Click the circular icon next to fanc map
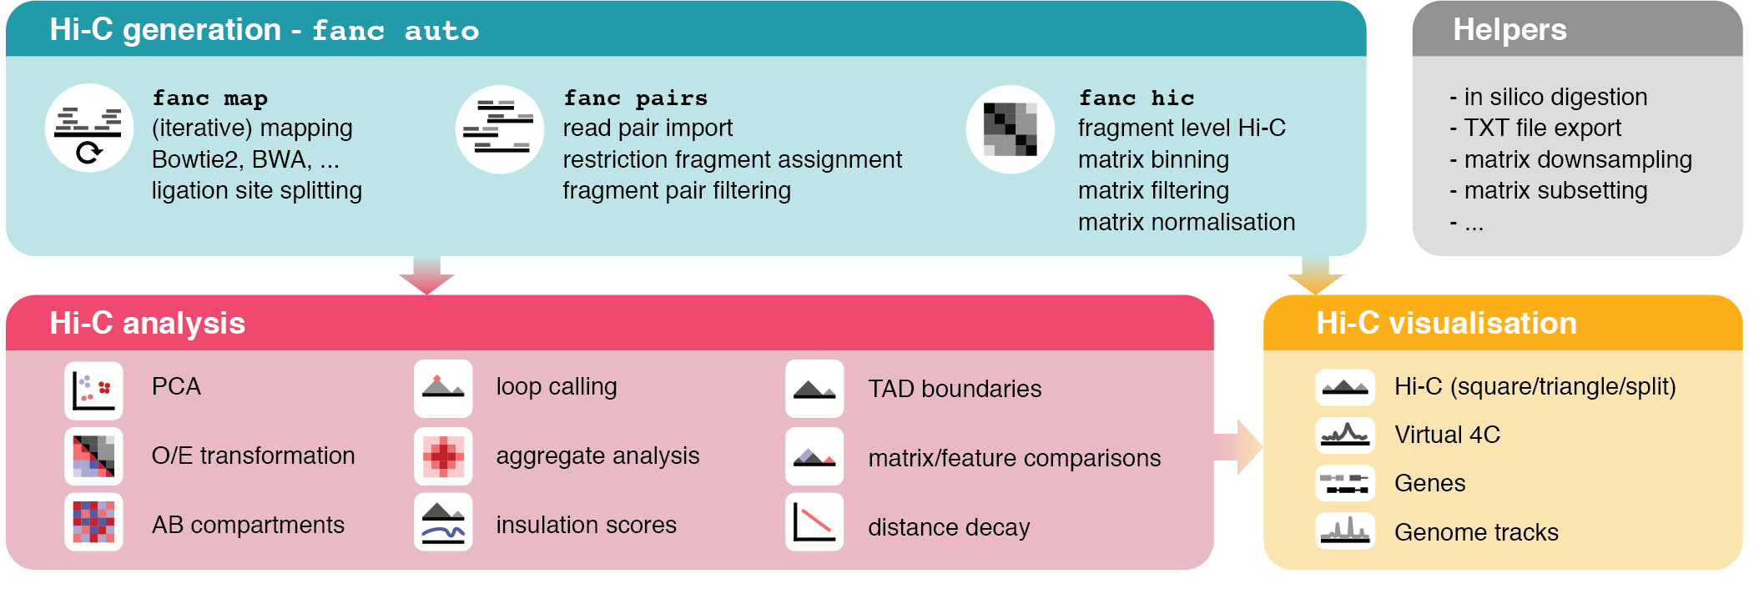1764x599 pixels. (89, 128)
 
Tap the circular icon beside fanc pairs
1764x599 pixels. (500, 129)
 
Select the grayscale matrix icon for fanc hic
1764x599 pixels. (1010, 129)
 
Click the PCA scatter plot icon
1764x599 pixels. (93, 390)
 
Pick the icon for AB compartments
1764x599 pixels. (93, 522)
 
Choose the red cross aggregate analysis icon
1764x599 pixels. (443, 456)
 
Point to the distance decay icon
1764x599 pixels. (814, 522)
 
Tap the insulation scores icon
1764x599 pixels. (443, 522)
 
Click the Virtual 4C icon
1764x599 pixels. (1344, 435)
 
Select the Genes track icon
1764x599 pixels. (1344, 483)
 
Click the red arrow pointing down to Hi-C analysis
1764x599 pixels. (426, 275)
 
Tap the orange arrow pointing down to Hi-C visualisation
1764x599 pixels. (1315, 275)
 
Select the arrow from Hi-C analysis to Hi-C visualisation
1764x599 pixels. (1238, 447)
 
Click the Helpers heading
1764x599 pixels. (1509, 30)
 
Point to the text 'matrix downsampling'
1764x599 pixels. (1578, 159)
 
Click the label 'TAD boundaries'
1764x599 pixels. (955, 389)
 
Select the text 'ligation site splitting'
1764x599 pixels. (257, 191)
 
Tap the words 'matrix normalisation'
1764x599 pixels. (1187, 223)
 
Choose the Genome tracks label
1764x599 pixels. (1476, 532)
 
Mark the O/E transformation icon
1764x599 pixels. (93, 456)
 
